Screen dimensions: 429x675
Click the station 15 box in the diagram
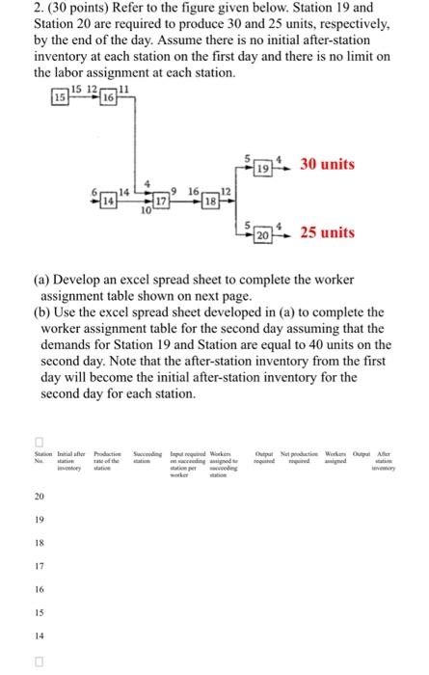60,98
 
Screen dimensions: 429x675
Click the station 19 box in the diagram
262,170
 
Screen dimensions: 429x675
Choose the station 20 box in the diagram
262,236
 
